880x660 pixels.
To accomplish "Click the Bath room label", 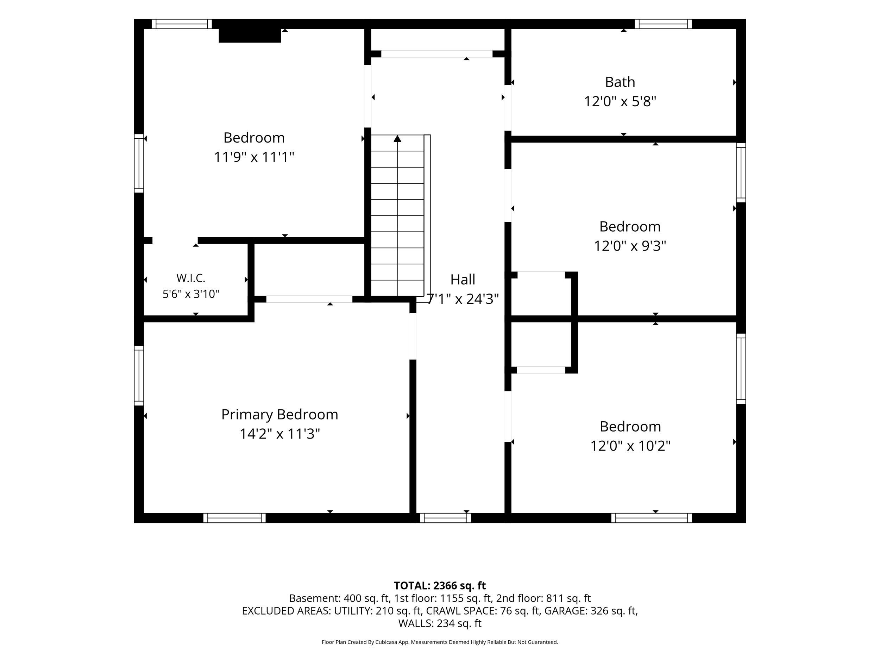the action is (620, 82).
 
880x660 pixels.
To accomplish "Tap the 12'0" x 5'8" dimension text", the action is (620, 101).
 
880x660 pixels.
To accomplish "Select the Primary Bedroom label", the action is (280, 415).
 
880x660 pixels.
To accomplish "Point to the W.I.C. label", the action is (191, 278).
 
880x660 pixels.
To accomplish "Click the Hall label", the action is (463, 280).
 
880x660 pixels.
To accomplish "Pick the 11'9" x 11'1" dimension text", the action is (254, 157).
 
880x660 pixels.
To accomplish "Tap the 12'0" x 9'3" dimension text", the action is (630, 246).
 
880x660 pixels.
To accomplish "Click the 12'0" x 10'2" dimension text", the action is (630, 446).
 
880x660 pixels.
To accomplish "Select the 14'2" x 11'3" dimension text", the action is (280, 434).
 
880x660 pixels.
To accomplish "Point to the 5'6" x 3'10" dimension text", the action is (191, 294).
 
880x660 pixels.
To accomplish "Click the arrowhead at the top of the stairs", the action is (397, 138).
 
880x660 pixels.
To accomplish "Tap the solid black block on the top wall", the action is (250, 36).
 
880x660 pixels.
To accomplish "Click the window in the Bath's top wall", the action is (663, 24).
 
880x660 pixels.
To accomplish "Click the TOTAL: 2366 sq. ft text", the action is (440, 586).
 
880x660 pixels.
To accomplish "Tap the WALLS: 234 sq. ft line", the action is (440, 623).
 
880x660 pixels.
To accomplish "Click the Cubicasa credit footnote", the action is (440, 642).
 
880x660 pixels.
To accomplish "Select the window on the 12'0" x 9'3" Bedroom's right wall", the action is (741, 173).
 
